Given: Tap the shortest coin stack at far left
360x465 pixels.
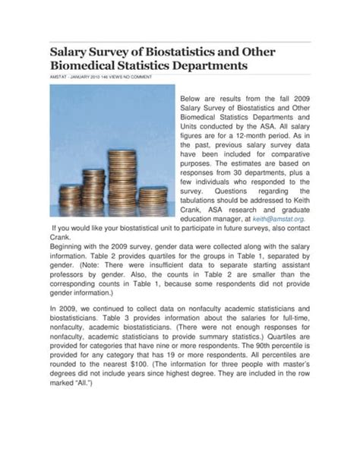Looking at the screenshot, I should pyautogui.click(x=71, y=200).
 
